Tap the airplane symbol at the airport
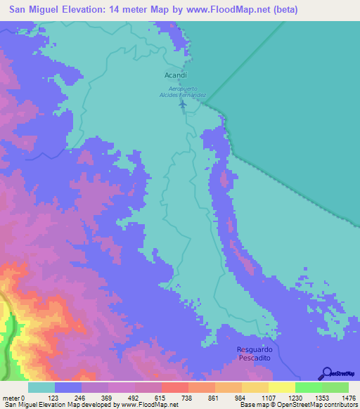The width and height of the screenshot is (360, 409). point(184,105)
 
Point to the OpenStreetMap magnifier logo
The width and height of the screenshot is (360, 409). point(326,372)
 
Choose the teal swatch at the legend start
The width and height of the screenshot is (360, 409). point(41,387)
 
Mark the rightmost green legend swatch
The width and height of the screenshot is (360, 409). point(335,387)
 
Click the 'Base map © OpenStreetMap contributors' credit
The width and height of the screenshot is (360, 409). point(298,405)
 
